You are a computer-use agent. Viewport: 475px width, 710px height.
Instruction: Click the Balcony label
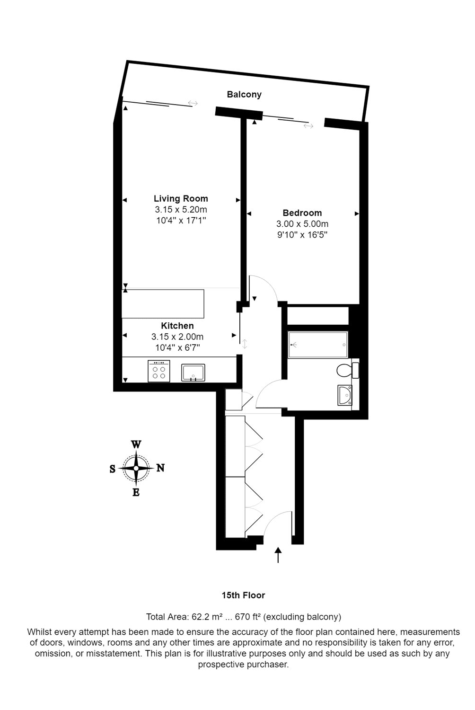click(244, 95)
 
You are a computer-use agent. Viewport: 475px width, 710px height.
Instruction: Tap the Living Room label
click(181, 199)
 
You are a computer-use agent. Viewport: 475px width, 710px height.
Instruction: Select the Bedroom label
click(302, 213)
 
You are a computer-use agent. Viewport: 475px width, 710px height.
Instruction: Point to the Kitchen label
click(177, 326)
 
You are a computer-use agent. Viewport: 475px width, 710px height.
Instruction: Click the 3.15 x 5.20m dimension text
click(181, 210)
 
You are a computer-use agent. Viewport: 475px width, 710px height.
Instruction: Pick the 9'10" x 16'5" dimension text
click(302, 235)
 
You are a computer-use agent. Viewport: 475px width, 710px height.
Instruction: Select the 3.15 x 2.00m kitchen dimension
click(177, 337)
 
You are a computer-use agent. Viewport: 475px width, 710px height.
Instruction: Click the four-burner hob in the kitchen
click(159, 371)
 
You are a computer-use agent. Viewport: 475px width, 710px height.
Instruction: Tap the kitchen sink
click(193, 373)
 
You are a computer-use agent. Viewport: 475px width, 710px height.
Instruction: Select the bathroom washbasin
click(345, 395)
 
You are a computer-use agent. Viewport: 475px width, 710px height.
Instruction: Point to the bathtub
click(318, 345)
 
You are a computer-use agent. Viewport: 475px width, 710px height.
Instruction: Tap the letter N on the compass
click(161, 468)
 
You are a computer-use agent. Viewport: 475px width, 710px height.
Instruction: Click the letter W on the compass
click(136, 444)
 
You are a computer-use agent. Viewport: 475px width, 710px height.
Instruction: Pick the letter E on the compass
click(136, 493)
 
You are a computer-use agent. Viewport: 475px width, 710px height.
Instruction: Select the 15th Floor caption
click(243, 595)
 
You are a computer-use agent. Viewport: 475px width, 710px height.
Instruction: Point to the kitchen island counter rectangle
click(163, 304)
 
